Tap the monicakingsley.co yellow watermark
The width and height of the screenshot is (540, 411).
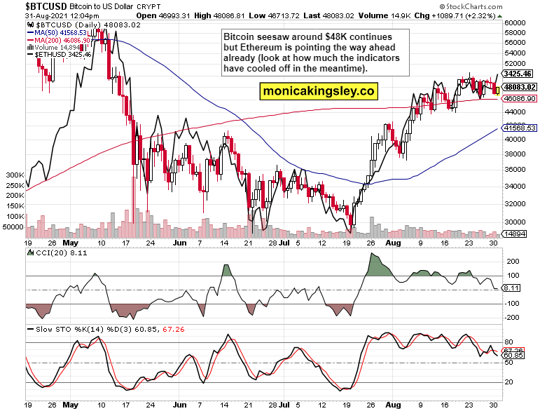tap(318, 90)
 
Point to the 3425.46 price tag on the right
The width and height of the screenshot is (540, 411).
tap(519, 74)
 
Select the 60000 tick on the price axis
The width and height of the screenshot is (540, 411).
tap(515, 22)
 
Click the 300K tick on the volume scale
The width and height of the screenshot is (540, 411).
tap(13, 174)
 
